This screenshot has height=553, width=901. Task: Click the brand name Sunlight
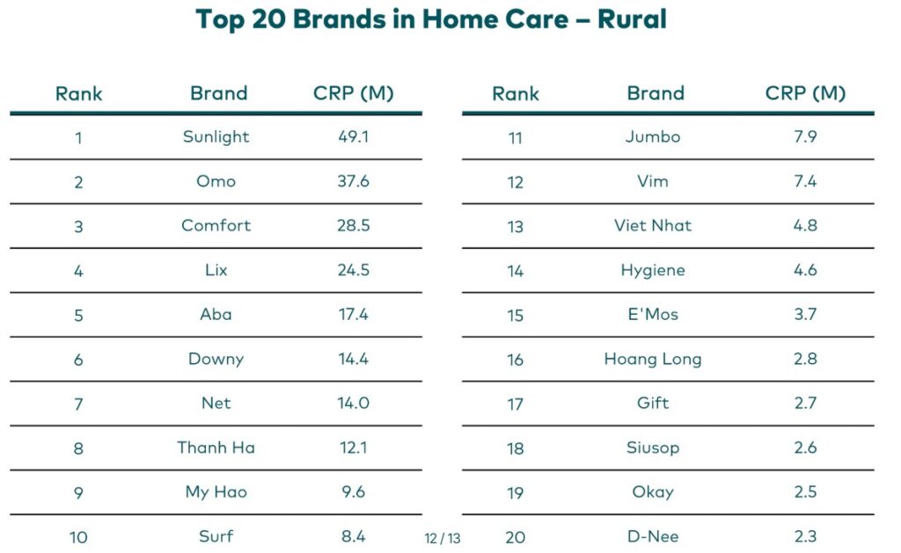pyautogui.click(x=216, y=136)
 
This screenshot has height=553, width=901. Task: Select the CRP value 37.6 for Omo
pyautogui.click(x=353, y=181)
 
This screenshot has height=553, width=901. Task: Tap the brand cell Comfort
pyautogui.click(x=216, y=225)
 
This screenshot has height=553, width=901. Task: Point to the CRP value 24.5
pyautogui.click(x=353, y=270)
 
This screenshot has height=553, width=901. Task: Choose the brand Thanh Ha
pyautogui.click(x=216, y=447)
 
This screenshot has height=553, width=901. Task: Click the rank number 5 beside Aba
pyautogui.click(x=78, y=315)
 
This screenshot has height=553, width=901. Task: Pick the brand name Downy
pyautogui.click(x=216, y=359)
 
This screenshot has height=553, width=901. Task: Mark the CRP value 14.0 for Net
pyautogui.click(x=353, y=404)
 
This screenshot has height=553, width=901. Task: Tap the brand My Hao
pyautogui.click(x=216, y=491)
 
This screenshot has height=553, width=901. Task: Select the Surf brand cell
pyautogui.click(x=216, y=536)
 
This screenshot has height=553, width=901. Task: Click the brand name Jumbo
pyautogui.click(x=653, y=136)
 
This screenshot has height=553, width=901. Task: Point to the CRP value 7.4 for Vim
pyautogui.click(x=805, y=181)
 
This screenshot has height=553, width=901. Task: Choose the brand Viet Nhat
pyautogui.click(x=653, y=225)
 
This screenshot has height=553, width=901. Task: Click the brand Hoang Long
pyautogui.click(x=653, y=359)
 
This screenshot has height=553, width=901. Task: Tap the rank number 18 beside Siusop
pyautogui.click(x=516, y=448)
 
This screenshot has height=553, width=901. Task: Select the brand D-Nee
pyautogui.click(x=653, y=536)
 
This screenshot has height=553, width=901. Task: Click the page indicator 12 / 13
pyautogui.click(x=442, y=537)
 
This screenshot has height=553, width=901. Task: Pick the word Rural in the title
pyautogui.click(x=632, y=18)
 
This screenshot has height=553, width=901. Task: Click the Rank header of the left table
pyautogui.click(x=78, y=93)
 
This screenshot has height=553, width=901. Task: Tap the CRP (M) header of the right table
pyautogui.click(x=805, y=93)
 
